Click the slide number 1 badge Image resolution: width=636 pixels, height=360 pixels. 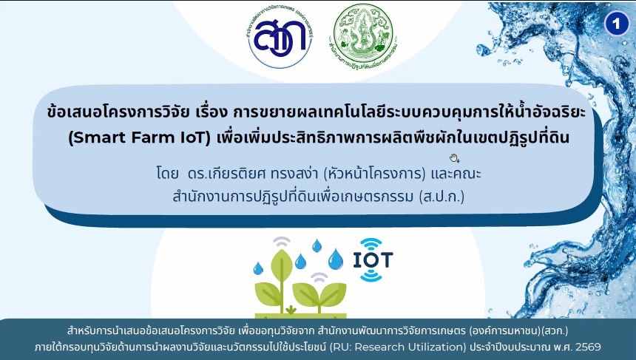point(615,24)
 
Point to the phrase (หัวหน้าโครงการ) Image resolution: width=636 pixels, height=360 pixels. point(365,176)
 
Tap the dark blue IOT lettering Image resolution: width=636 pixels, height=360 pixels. point(372,260)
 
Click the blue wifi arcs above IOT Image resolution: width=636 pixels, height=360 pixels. point(371,244)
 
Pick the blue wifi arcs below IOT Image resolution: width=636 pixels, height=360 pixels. point(371,275)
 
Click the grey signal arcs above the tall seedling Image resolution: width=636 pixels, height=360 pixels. point(283,242)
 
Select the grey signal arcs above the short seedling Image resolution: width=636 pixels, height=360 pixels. point(319,278)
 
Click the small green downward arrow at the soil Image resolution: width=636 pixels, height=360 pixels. point(291,309)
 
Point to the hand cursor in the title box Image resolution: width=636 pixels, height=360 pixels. point(454,157)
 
